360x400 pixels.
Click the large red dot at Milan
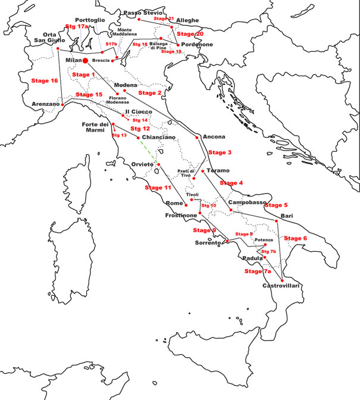tap(86, 61)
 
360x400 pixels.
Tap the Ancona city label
tap(214, 137)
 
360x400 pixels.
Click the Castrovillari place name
tap(280, 286)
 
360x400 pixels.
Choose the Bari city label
tap(287, 215)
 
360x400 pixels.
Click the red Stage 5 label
tap(276, 205)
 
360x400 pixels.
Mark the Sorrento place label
tap(208, 243)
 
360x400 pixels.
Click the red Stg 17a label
tap(76, 27)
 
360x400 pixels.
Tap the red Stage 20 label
tap(190, 34)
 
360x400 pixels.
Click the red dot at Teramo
tap(203, 171)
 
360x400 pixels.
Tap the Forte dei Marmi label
tap(95, 127)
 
